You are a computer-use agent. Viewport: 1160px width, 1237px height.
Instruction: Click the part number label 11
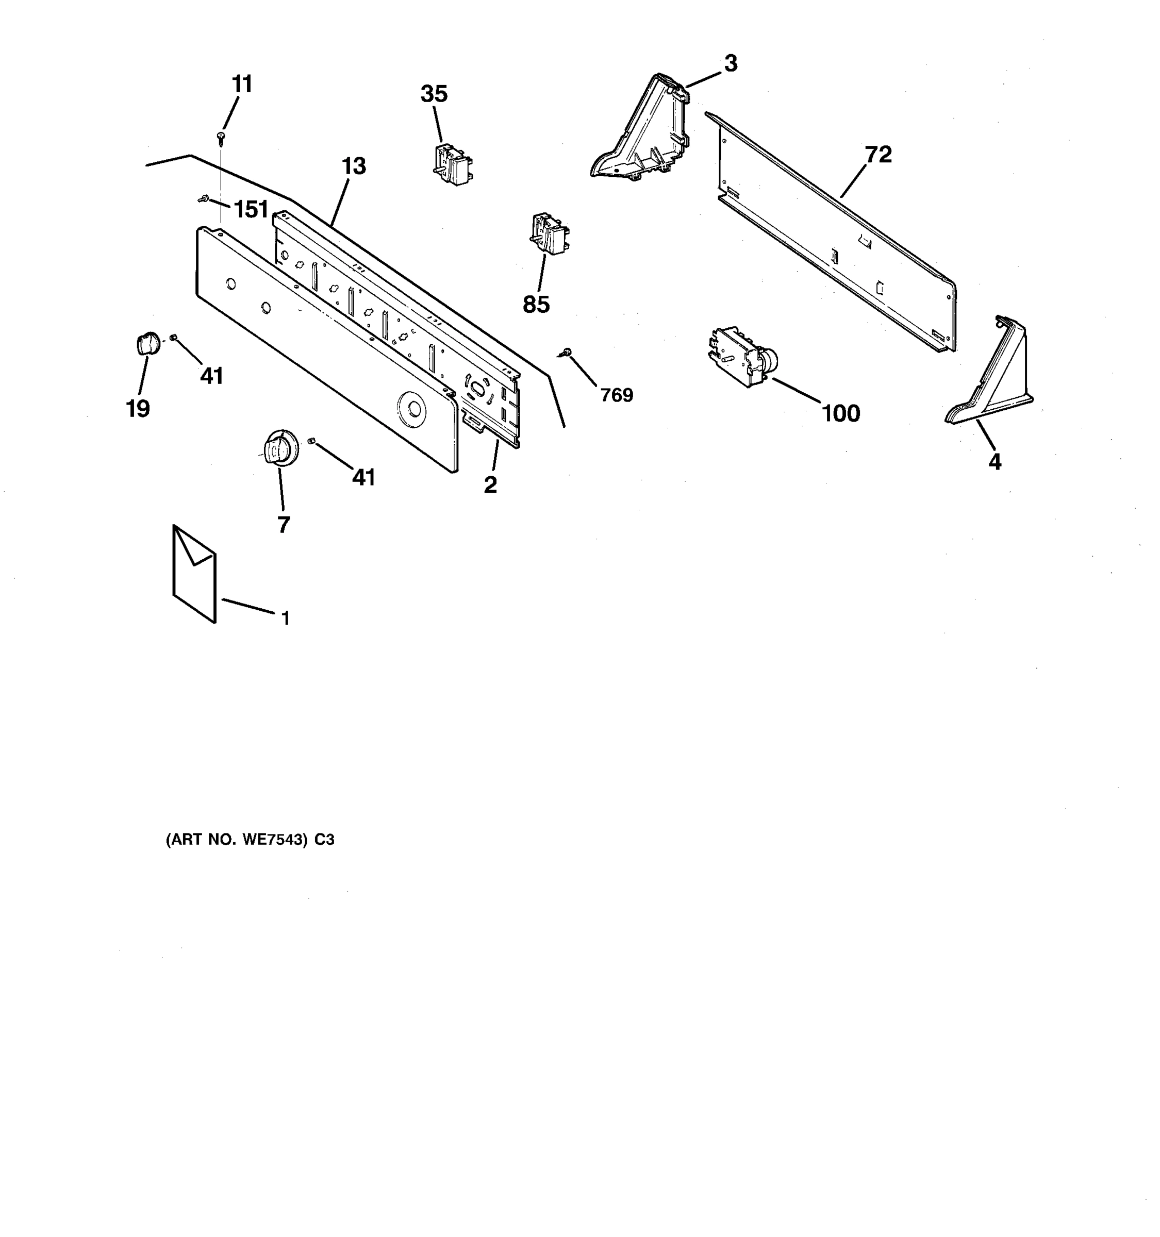point(242,84)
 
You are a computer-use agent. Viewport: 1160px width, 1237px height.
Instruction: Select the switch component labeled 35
point(453,164)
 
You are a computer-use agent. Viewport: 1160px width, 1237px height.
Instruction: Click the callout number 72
point(878,154)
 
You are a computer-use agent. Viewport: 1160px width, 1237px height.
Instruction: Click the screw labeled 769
point(566,353)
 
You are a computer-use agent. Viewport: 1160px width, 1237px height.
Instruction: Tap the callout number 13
point(354,167)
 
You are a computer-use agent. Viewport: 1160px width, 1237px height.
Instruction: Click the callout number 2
point(490,486)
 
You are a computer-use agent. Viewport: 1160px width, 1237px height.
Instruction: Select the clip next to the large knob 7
point(312,441)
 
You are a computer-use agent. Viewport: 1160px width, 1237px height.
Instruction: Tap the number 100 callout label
point(841,413)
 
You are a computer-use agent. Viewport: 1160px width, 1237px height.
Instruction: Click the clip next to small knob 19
point(174,337)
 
